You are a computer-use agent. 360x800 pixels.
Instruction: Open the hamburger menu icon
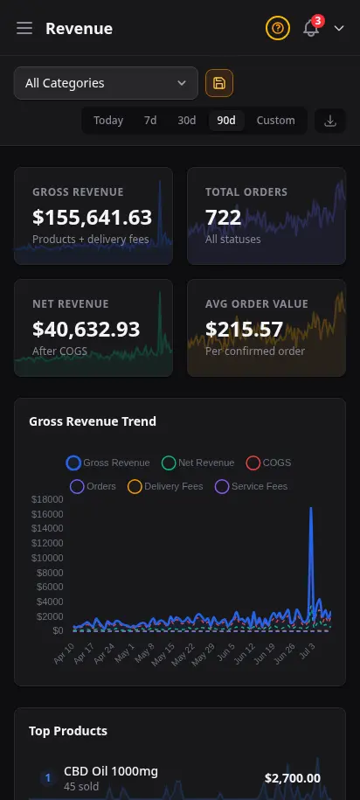[24, 29]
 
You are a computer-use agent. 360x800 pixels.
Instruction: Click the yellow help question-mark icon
[277, 28]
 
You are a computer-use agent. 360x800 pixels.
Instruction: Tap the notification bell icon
[311, 28]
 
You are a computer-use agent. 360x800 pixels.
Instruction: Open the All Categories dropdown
[106, 83]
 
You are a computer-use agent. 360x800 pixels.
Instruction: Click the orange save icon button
[219, 83]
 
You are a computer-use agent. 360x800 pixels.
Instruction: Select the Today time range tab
[108, 121]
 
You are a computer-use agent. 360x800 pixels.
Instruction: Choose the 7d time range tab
[150, 121]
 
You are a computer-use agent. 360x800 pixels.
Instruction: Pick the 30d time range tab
[187, 121]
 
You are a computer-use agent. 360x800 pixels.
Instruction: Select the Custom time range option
[275, 121]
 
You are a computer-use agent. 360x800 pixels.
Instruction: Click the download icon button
[330, 121]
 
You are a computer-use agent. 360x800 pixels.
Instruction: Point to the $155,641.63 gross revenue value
[93, 218]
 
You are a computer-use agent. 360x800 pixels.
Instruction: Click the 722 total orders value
[223, 218]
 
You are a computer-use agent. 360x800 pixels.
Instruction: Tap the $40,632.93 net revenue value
[87, 329]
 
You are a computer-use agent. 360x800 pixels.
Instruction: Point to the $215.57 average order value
[245, 329]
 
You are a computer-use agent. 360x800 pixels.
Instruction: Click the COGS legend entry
[269, 463]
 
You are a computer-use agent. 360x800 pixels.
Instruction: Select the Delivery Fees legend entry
[165, 486]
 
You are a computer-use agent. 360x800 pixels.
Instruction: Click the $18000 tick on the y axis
[47, 499]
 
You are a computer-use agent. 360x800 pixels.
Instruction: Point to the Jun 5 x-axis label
[225, 652]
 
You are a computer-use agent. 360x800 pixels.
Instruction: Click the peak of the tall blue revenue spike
[310, 508]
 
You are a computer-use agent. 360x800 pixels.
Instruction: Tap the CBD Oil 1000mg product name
[111, 771]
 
